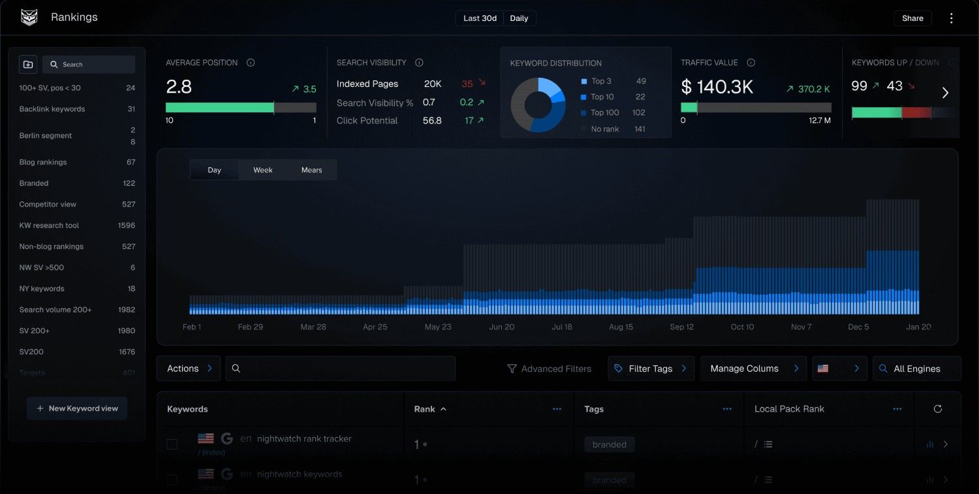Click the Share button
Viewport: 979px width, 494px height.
pos(912,18)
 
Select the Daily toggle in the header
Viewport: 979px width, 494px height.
pos(519,18)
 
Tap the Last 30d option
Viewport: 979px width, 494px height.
pos(480,18)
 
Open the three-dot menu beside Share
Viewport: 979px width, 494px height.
pos(951,18)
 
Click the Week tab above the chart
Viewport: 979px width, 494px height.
pos(263,170)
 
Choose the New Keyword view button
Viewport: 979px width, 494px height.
pos(77,408)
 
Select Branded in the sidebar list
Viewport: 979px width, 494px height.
pos(34,184)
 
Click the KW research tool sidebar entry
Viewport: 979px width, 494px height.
pos(49,225)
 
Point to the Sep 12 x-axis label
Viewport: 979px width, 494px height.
pos(681,327)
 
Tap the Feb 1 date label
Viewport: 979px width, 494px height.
pos(191,327)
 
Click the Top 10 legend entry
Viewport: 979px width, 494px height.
pos(602,97)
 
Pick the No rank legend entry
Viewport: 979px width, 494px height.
pos(604,129)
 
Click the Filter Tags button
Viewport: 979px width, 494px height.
pos(651,369)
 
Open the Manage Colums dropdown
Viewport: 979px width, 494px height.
pos(753,369)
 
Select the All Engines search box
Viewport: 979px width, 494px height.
pos(916,369)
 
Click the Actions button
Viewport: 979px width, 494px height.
pos(188,369)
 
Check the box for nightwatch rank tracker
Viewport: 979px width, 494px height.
pos(172,444)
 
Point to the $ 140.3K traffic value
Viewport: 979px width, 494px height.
pos(717,87)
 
